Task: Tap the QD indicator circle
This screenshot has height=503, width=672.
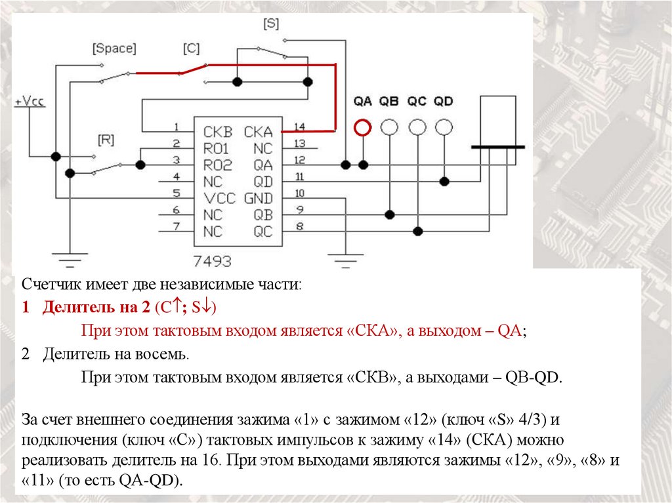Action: coord(444,127)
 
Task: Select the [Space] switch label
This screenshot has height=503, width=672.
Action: coord(114,49)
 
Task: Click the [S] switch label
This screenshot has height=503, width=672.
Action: coord(271,24)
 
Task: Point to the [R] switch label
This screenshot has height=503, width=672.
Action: coord(106,139)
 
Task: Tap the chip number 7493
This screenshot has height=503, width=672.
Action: coord(211,262)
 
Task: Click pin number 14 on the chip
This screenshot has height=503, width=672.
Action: coord(300,127)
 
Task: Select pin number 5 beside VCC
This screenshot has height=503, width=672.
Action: coord(176,193)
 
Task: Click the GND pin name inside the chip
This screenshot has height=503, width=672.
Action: coord(258,198)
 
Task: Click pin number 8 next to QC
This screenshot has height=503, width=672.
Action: coord(299,227)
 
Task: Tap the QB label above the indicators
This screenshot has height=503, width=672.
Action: coord(389,102)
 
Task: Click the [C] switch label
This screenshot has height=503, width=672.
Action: coord(191,49)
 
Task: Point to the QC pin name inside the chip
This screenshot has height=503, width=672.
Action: coord(262,231)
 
